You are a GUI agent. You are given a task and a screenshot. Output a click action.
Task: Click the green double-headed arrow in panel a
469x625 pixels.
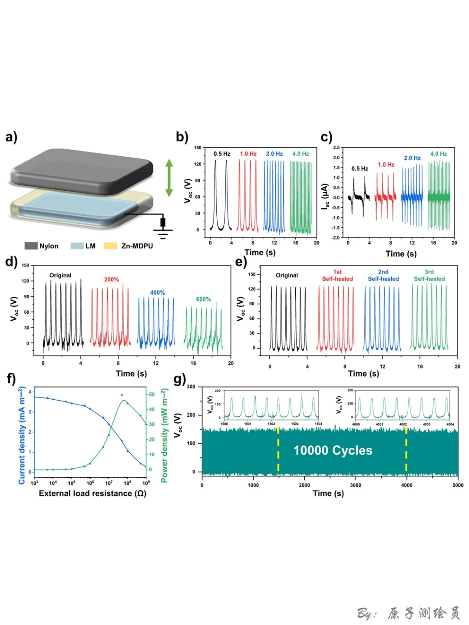tap(169, 178)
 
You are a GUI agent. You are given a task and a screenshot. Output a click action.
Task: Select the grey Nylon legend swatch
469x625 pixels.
tap(31, 246)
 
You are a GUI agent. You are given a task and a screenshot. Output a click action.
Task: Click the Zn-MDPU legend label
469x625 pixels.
tap(137, 246)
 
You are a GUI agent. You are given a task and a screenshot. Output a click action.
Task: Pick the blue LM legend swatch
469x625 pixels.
tap(77, 246)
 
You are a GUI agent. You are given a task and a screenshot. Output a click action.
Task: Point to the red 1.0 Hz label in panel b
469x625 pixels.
tap(248, 154)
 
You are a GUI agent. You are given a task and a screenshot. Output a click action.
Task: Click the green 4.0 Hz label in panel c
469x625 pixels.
tap(438, 154)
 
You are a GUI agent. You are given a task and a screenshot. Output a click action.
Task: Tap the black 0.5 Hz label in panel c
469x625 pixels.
tap(360, 168)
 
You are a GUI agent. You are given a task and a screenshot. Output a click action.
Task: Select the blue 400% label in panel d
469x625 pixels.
tap(157, 293)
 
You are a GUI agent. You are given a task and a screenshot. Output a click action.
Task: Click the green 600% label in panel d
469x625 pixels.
tap(203, 299)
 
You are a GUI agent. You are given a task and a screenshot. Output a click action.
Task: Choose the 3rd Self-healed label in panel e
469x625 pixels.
tap(429, 275)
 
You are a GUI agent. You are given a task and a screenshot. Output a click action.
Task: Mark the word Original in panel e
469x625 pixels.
tap(287, 275)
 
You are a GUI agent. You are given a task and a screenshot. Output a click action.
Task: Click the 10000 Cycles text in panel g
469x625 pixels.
tap(333, 451)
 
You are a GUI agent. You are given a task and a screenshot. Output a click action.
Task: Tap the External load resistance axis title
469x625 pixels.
tap(92, 493)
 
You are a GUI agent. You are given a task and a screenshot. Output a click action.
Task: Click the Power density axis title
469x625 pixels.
tap(164, 435)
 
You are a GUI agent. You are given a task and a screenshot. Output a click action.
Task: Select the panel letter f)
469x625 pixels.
tap(11, 379)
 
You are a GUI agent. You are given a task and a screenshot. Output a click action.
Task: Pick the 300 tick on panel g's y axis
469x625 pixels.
tap(191, 386)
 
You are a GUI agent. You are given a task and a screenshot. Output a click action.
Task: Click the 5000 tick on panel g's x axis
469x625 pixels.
tap(458, 485)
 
